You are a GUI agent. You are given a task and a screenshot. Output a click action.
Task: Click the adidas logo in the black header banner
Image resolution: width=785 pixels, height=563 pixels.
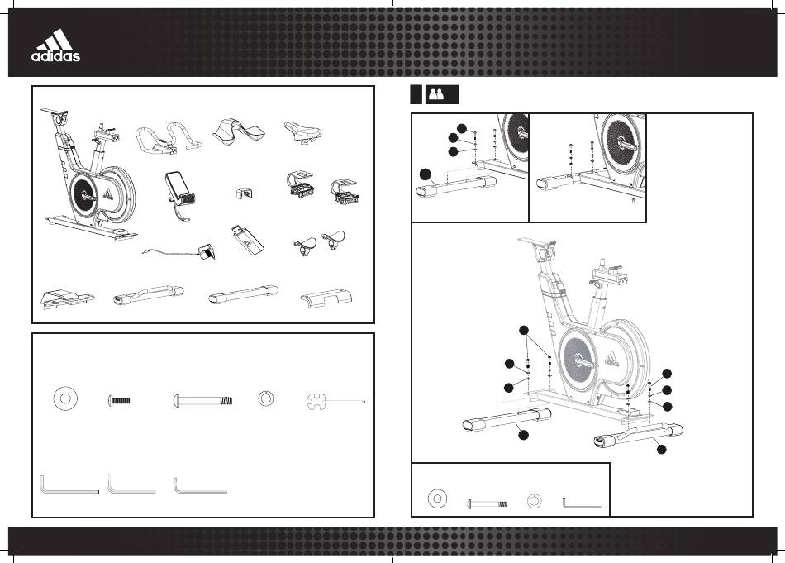[x=55, y=45]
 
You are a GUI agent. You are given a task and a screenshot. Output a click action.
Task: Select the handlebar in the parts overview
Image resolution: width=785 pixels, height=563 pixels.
[x=169, y=138]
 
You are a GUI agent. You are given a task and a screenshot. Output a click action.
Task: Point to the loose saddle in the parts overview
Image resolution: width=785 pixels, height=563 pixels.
[x=303, y=131]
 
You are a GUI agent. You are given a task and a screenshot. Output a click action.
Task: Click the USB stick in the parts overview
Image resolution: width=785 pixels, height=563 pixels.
[x=247, y=240]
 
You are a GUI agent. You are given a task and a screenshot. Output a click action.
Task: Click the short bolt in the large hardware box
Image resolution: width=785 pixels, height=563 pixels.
[x=119, y=400]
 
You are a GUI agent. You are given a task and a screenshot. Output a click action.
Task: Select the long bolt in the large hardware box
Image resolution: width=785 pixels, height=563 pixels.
[x=203, y=401]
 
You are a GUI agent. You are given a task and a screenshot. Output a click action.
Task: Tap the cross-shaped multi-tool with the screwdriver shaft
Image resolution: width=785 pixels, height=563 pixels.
[x=335, y=401]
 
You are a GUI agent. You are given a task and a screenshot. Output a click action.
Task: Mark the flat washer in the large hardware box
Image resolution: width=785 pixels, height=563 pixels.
[x=65, y=398]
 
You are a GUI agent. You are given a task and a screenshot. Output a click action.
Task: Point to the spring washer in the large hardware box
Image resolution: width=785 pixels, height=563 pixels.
[x=265, y=398]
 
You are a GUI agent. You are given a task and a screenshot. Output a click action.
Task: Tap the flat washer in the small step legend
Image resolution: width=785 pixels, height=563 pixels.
[x=437, y=499]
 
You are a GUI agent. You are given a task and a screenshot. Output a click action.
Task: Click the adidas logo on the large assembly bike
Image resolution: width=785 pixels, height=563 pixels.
[x=611, y=359]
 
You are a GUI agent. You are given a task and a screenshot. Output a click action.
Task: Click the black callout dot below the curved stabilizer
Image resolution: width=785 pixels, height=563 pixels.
[x=661, y=449]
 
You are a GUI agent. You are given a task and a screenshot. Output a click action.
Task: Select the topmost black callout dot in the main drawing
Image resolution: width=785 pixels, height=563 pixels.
[x=524, y=330]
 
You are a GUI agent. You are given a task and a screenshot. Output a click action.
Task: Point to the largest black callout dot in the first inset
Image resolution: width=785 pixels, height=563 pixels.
[x=425, y=174]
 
